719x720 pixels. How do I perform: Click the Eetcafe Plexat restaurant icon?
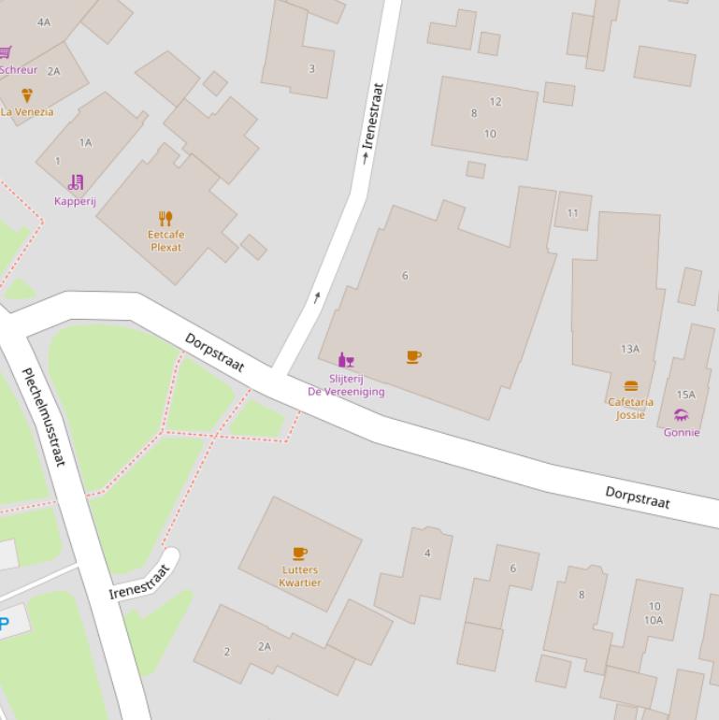click(165, 219)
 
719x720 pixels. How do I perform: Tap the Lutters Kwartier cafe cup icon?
click(299, 554)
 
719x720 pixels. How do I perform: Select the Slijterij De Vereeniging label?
click(346, 385)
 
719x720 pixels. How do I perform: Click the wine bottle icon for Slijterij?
click(346, 360)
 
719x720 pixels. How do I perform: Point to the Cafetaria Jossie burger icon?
click(631, 386)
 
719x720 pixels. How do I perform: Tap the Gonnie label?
click(682, 432)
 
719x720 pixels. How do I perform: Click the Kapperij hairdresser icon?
click(76, 182)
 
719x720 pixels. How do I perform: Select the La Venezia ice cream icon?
click(26, 95)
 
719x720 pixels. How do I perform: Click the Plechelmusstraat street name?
click(45, 417)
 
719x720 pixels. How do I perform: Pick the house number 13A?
click(630, 349)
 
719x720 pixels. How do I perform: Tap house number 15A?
click(685, 395)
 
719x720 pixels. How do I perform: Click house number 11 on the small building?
click(572, 213)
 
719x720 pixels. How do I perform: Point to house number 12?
click(496, 101)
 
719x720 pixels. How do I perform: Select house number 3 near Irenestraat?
click(311, 67)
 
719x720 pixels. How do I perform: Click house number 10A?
click(654, 620)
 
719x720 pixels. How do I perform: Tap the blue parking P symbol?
click(4, 624)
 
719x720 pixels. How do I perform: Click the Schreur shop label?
click(19, 69)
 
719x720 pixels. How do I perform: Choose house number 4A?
click(44, 22)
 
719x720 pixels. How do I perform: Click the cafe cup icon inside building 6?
click(413, 356)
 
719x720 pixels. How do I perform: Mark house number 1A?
click(86, 143)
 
